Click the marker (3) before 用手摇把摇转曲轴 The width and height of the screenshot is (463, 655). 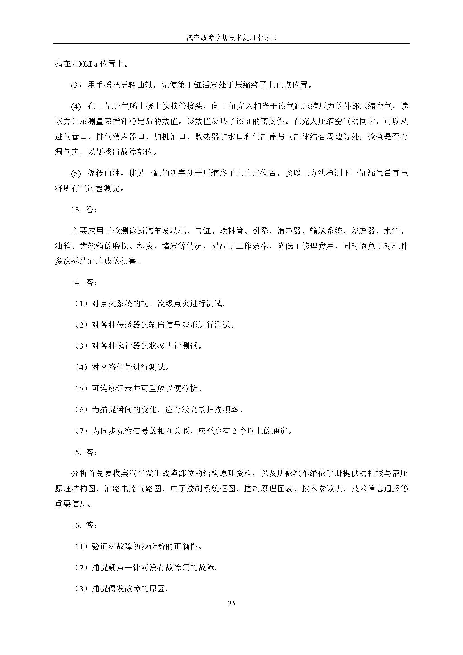pos(76,85)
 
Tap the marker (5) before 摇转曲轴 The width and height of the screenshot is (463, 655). pos(76,173)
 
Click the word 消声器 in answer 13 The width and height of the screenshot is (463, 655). pos(289,231)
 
